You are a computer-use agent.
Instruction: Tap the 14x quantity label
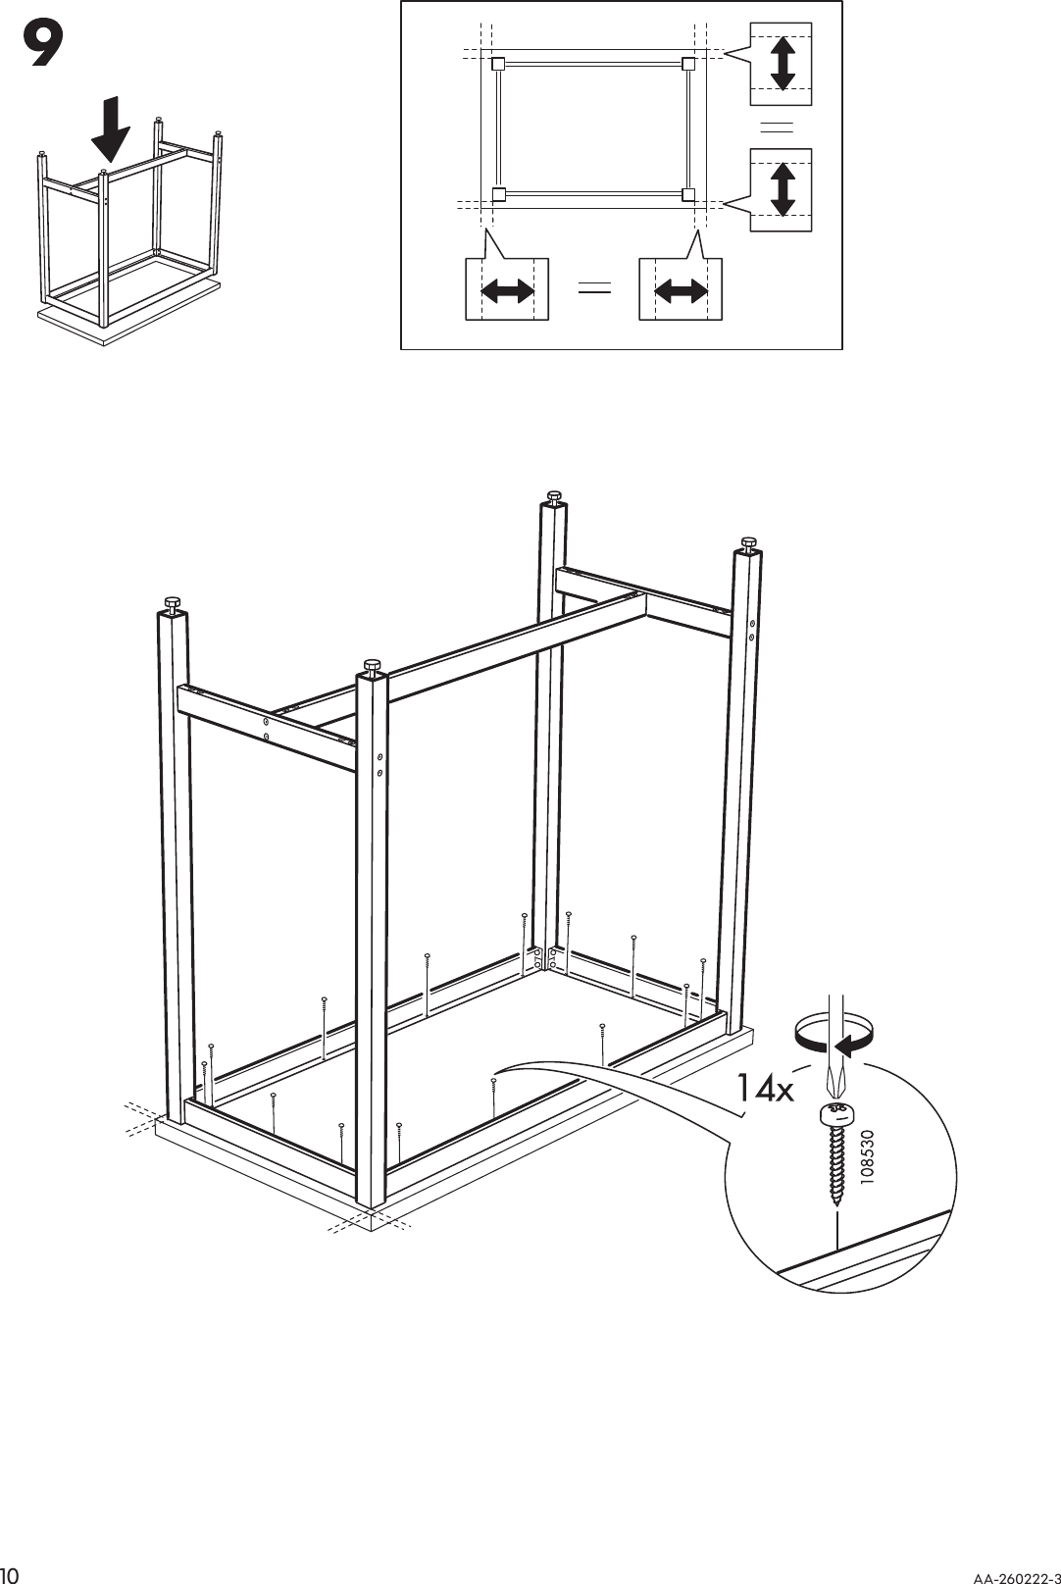[x=765, y=1088]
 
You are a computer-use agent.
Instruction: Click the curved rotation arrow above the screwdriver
[x=832, y=1035]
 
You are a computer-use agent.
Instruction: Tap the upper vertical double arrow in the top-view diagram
[x=782, y=64]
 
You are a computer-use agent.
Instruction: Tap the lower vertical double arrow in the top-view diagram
[x=782, y=189]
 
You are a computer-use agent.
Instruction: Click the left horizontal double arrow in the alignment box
[x=507, y=290]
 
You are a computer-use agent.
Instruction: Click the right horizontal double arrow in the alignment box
[x=681, y=290]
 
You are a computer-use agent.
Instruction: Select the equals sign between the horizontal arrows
[x=594, y=288]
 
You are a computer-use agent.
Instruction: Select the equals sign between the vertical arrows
[x=777, y=127]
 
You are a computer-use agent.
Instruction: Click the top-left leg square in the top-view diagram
[x=497, y=65]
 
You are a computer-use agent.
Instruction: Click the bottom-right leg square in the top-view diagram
[x=688, y=193]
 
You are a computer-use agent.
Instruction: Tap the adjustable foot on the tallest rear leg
[x=553, y=496]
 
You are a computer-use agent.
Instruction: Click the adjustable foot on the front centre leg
[x=372, y=667]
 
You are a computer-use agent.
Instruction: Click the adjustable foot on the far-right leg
[x=748, y=543]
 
